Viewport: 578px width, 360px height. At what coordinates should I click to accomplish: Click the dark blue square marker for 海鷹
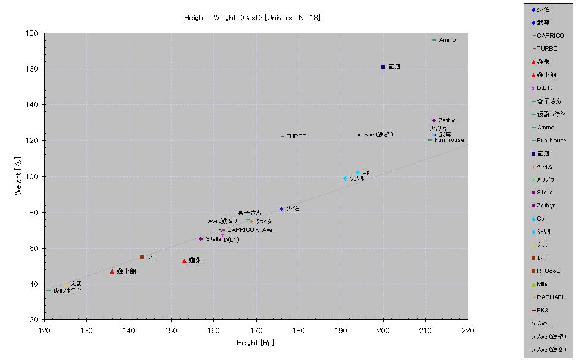pyautogui.click(x=383, y=67)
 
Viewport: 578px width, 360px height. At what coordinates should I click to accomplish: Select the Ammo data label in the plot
pyautogui.click(x=448, y=40)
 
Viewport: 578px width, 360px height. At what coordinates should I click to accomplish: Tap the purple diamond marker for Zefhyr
pyautogui.click(x=434, y=120)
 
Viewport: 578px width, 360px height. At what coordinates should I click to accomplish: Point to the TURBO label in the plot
pyautogui.click(x=296, y=136)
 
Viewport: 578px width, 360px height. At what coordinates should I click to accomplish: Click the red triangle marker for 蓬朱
pyautogui.click(x=184, y=260)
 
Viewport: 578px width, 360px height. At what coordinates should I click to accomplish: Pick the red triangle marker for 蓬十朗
pyautogui.click(x=112, y=271)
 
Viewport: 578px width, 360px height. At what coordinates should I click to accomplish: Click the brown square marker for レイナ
pyautogui.click(x=142, y=257)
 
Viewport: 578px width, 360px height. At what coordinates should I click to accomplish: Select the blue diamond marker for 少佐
pyautogui.click(x=281, y=209)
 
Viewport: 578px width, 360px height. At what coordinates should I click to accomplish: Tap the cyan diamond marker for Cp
pyautogui.click(x=358, y=173)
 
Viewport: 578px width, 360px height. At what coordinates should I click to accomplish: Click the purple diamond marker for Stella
pyautogui.click(x=201, y=239)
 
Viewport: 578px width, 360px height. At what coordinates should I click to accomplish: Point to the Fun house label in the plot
pyautogui.click(x=449, y=140)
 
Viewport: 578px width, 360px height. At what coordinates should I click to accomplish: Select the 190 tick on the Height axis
pyautogui.click(x=341, y=329)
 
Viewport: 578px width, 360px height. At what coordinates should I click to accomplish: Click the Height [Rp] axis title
pyautogui.click(x=255, y=343)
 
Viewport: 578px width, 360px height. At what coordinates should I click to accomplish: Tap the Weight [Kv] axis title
pyautogui.click(x=18, y=176)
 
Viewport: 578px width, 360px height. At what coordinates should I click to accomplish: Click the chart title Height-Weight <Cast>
pyautogui.click(x=252, y=18)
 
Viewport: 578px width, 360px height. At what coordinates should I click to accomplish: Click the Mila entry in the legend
pyautogui.click(x=542, y=284)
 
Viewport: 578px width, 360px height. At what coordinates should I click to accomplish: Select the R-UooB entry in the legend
pyautogui.click(x=548, y=271)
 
